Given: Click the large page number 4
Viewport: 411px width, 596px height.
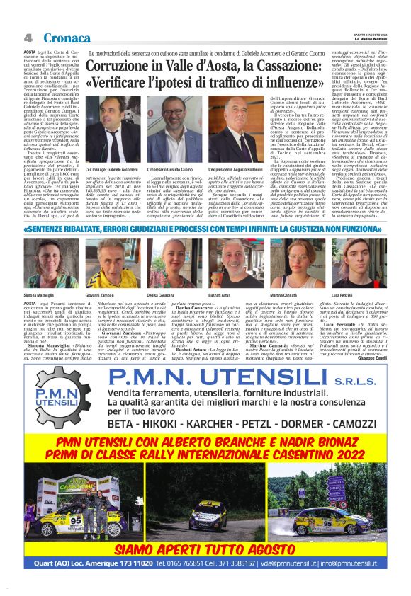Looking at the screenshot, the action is (x=28, y=37).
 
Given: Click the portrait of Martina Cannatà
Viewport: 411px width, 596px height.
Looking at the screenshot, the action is (x=296, y=262).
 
